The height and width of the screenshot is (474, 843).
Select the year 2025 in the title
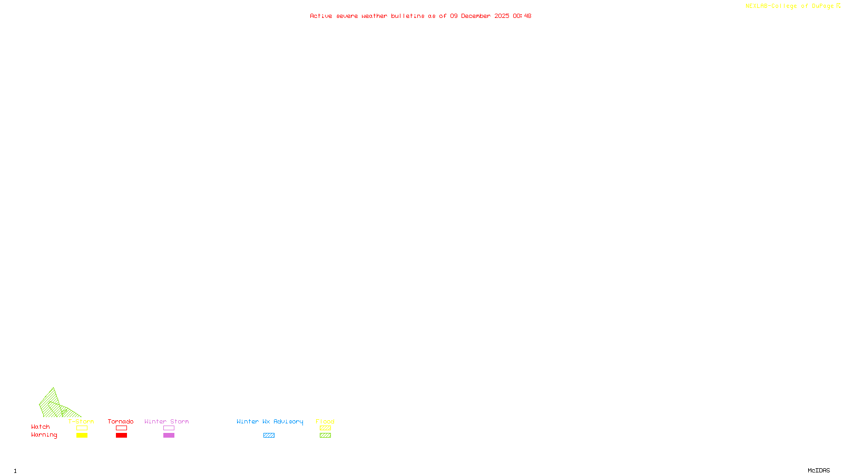point(502,16)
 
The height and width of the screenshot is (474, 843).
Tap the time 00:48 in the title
point(522,16)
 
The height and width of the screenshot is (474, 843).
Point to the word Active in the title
point(321,16)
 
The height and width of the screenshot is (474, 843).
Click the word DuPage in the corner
point(822,6)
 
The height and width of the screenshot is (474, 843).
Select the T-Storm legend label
point(81,421)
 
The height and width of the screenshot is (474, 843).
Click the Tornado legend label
point(121,421)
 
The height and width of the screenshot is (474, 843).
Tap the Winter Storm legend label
point(166,421)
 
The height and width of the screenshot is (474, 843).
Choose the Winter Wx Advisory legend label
point(270,421)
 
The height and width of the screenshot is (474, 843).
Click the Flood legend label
point(325,421)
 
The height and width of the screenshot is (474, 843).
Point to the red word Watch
point(41,427)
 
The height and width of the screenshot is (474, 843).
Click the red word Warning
point(44,435)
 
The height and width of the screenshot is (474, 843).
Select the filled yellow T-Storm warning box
point(82,436)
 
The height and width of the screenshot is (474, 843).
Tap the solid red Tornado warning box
point(121,436)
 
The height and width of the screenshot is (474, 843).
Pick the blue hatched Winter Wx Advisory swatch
point(269,436)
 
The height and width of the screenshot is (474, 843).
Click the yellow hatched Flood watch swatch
point(325,428)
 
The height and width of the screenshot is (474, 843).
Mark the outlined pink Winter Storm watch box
point(169,428)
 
